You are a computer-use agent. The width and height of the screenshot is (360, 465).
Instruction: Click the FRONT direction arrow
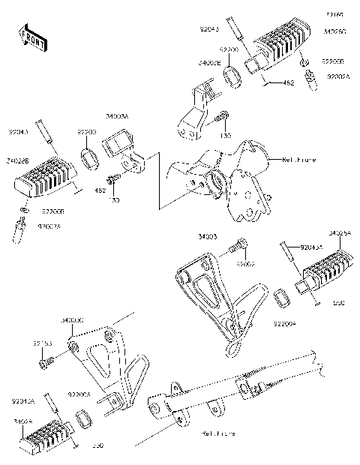pos(31,38)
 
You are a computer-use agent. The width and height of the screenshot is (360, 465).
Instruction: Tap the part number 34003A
pos(117,116)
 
